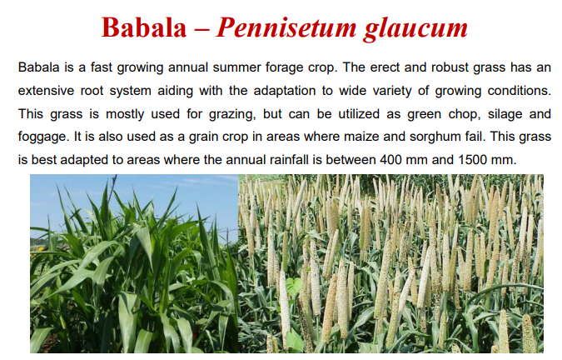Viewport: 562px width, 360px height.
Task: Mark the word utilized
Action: tap(341, 111)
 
